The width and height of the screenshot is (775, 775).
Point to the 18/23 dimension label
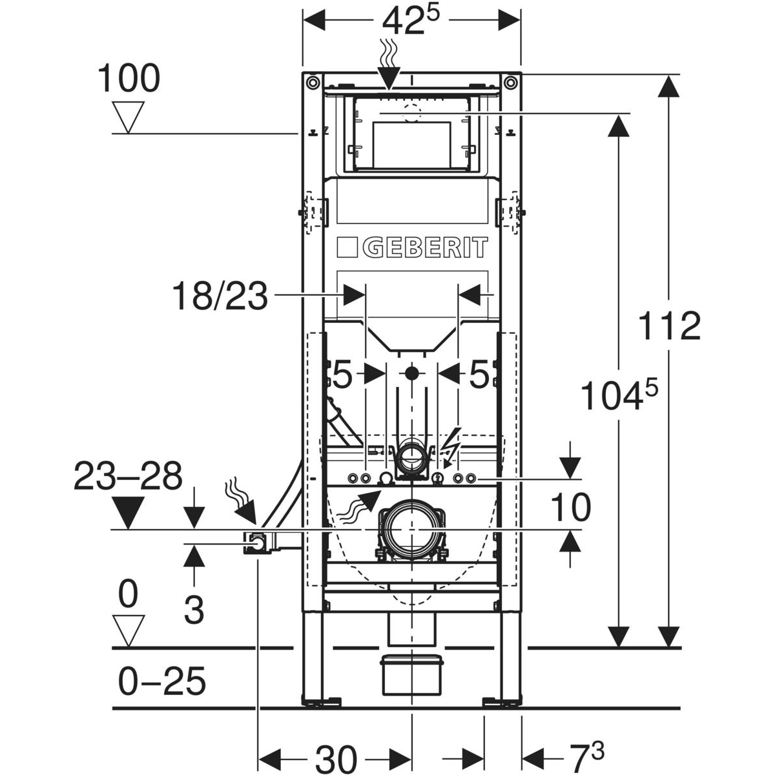(220, 298)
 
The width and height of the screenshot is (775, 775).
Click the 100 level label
(129, 79)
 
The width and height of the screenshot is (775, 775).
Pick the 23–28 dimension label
(129, 478)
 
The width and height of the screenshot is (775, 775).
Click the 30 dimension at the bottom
(336, 755)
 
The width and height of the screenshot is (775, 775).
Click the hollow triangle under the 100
(129, 118)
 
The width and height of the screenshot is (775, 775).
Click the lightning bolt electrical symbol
(450, 442)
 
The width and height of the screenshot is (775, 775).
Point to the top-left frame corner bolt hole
(313, 81)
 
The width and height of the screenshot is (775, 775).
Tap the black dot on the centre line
(411, 373)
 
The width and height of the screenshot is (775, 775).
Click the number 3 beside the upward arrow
(194, 609)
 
